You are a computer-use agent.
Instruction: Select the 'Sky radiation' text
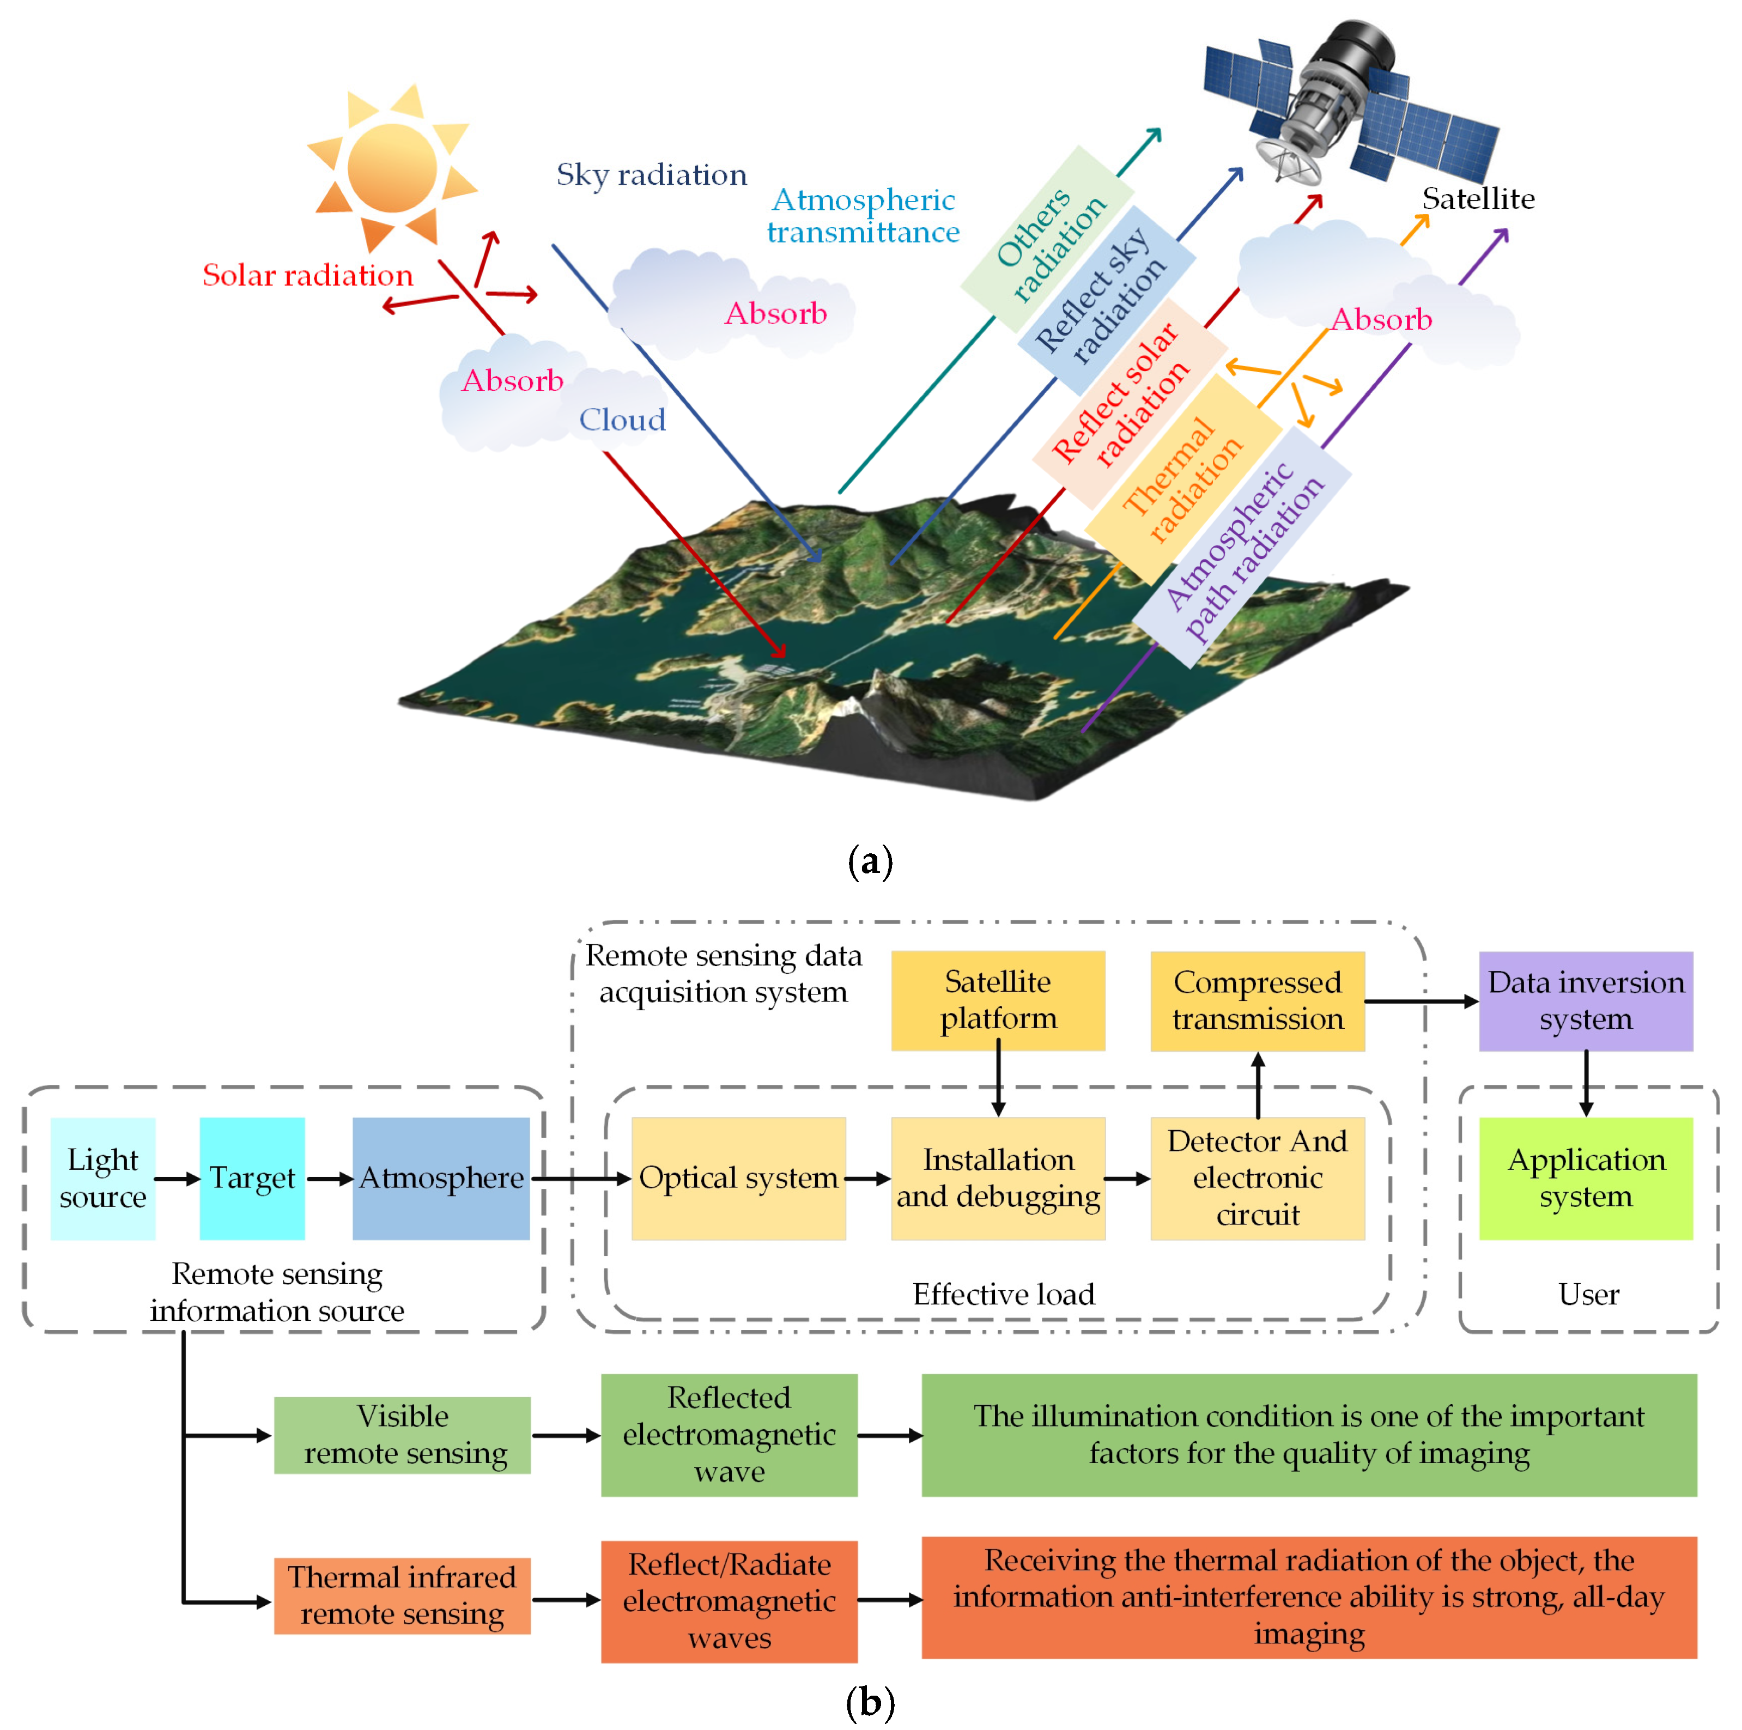point(651,174)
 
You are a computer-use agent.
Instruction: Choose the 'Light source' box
point(103,1177)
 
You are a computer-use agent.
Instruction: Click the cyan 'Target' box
point(252,1177)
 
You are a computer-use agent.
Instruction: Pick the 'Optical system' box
point(738,1177)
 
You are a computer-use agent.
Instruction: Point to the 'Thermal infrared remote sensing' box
point(402,1595)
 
